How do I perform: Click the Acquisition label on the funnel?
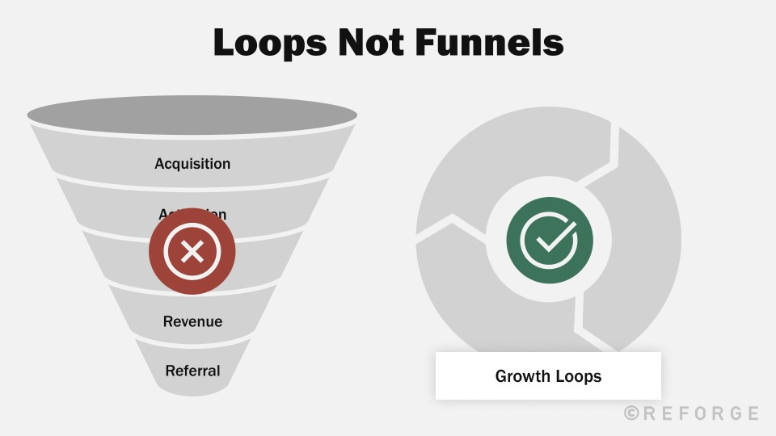point(192,164)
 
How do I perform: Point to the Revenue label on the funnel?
point(192,321)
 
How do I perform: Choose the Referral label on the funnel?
point(192,371)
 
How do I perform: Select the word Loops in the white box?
point(577,376)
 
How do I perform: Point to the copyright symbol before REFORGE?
point(631,413)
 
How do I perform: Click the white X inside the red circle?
point(192,252)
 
